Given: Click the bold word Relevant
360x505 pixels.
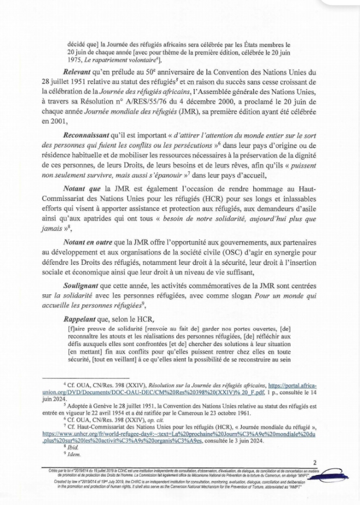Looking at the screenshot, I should pyautogui.click(x=80, y=71).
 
